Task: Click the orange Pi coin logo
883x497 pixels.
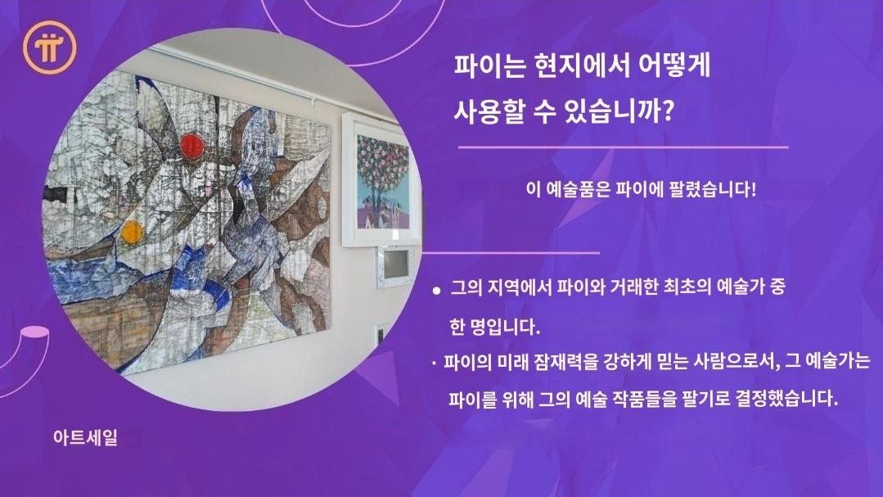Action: point(50,47)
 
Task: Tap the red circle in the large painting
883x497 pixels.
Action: point(192,147)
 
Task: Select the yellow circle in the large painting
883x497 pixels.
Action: point(132,233)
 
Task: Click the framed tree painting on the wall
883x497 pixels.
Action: point(382,180)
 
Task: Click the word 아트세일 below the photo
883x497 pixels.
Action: point(86,437)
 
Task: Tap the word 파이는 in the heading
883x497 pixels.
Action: point(489,66)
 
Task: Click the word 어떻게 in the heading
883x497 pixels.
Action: point(674,66)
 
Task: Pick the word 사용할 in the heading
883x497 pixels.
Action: point(489,110)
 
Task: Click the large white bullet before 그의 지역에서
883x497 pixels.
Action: point(436,291)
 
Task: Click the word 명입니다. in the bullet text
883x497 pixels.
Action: point(504,327)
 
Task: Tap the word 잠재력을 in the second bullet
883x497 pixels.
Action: point(563,361)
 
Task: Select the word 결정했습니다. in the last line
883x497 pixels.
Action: point(786,399)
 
